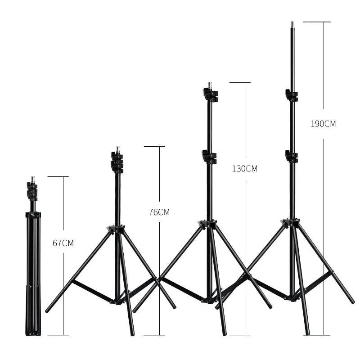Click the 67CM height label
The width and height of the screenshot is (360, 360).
pyautogui.click(x=63, y=243)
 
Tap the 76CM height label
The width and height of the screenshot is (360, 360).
pyautogui.click(x=159, y=212)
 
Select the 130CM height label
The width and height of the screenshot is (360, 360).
pyautogui.click(x=244, y=169)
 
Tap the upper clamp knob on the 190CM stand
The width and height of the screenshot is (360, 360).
pyautogui.click(x=291, y=95)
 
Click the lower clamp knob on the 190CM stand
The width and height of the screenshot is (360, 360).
pyautogui.click(x=291, y=157)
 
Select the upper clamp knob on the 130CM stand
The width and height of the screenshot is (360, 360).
pyautogui.click(x=209, y=95)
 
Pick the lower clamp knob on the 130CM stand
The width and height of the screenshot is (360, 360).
pyautogui.click(x=209, y=157)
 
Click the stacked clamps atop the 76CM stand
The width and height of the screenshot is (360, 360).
pyautogui.click(x=117, y=162)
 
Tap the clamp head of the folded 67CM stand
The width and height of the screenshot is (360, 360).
pyautogui.click(x=32, y=190)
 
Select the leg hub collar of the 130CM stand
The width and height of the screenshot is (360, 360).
pyautogui.click(x=208, y=224)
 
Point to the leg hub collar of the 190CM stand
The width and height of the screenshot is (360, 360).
pyautogui.click(x=291, y=223)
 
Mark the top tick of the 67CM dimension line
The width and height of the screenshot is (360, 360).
pyautogui.click(x=58, y=177)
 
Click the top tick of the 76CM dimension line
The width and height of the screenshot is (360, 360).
pyautogui.click(x=154, y=146)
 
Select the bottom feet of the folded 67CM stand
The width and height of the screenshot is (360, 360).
pyautogui.click(x=32, y=333)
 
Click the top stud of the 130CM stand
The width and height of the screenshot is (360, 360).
pyautogui.click(x=209, y=85)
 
